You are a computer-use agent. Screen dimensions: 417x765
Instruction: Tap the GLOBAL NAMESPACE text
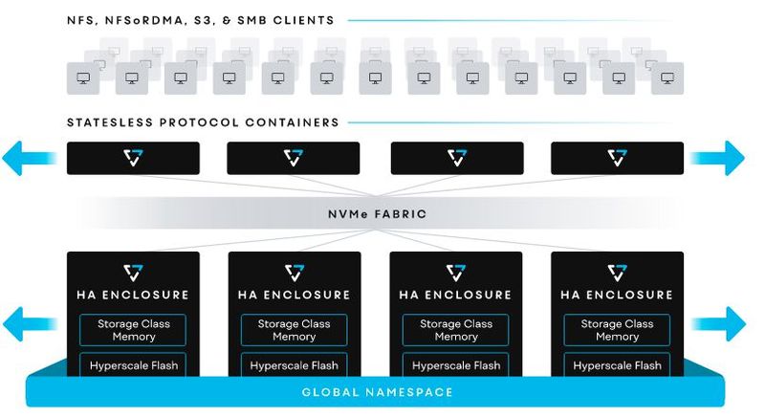378,392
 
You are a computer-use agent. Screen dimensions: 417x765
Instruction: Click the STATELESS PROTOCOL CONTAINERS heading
203,122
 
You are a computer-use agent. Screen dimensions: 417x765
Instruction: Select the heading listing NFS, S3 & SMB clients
201,19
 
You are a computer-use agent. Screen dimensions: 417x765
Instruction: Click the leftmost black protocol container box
133,158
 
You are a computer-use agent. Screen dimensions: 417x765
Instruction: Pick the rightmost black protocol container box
618,158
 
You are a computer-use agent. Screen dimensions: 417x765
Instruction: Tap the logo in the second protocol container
294,158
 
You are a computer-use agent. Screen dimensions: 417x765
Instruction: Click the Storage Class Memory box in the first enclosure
133,330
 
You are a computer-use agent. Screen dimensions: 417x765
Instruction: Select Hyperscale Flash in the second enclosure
294,365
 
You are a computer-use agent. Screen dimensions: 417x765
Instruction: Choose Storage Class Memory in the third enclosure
456,330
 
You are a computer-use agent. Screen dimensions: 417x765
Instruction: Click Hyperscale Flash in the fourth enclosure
618,365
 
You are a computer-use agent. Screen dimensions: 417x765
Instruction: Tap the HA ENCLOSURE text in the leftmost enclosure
133,295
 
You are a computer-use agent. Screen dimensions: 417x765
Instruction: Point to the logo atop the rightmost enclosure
618,273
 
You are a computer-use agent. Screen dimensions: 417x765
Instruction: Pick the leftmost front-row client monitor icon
83,78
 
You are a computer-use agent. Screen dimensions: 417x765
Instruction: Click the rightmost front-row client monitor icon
667,78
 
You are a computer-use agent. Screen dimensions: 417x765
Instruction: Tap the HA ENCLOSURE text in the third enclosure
456,295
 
